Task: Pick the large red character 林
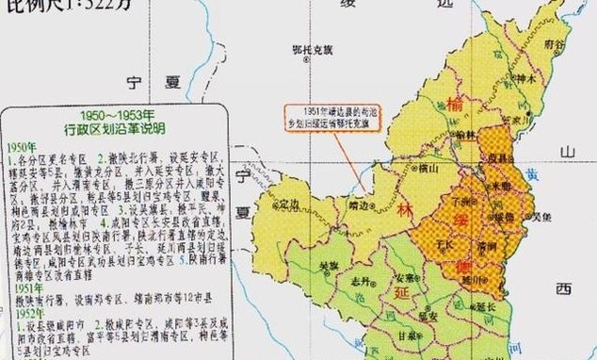[404, 210]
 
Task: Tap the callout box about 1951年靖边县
[327, 122]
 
